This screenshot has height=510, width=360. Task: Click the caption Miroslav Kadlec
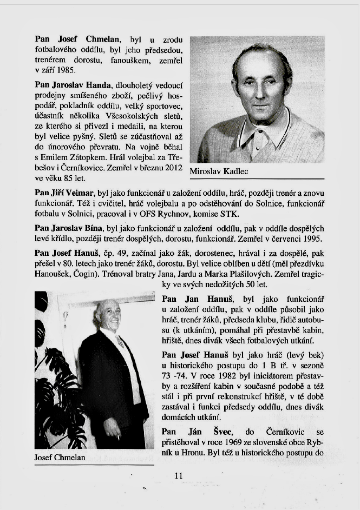click(219, 172)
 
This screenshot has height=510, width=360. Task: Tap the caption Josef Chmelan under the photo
click(60, 458)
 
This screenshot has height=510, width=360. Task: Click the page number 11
click(179, 476)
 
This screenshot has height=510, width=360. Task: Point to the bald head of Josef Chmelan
click(107, 306)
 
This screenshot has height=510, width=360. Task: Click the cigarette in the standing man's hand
click(118, 436)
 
